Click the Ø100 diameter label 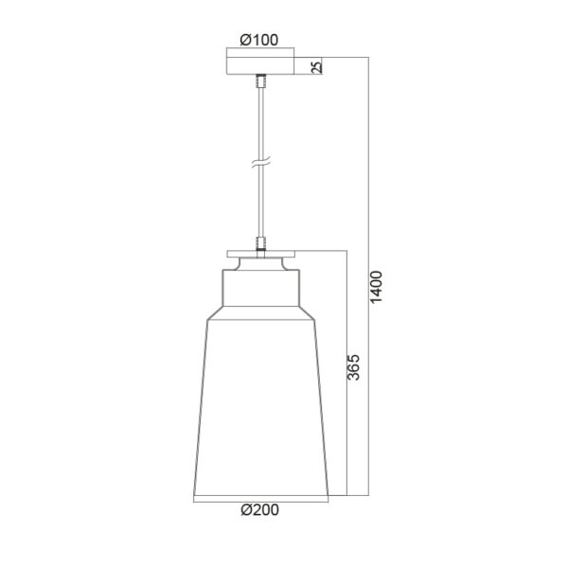pos(259,40)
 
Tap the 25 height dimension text pos(316,67)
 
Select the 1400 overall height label pos(377,287)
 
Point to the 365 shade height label pos(354,367)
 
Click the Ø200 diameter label pos(259,509)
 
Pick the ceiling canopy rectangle pos(260,65)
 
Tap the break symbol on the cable pos(261,163)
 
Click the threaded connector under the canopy pos(261,81)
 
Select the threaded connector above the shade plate pos(261,244)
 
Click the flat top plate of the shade pos(261,254)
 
